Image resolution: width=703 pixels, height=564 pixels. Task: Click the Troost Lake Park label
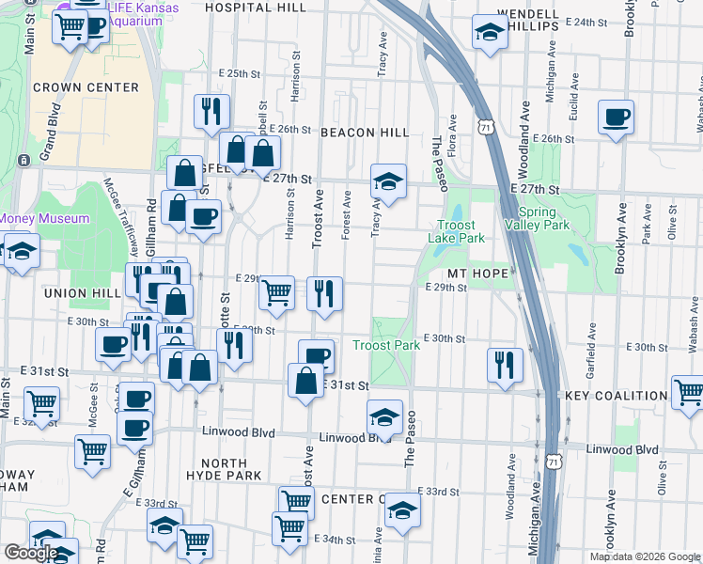(x=461, y=231)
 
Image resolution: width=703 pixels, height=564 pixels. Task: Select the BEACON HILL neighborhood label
(x=365, y=133)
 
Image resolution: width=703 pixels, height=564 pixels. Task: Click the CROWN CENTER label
(x=86, y=87)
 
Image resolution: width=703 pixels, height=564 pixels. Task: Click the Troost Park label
(x=385, y=346)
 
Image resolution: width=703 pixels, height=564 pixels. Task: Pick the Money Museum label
(x=44, y=219)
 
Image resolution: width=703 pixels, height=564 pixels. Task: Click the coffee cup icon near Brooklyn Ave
(x=616, y=118)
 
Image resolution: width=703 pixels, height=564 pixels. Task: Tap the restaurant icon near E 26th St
(x=211, y=112)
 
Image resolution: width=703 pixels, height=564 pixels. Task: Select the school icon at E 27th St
(x=387, y=180)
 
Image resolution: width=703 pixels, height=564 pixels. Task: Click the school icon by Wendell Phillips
(x=489, y=34)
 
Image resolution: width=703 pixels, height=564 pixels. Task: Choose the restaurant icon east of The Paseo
(x=505, y=364)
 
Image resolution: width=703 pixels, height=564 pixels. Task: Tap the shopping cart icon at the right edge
(x=688, y=392)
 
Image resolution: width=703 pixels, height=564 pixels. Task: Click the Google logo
(x=31, y=553)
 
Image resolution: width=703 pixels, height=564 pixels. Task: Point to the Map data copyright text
(x=644, y=556)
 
